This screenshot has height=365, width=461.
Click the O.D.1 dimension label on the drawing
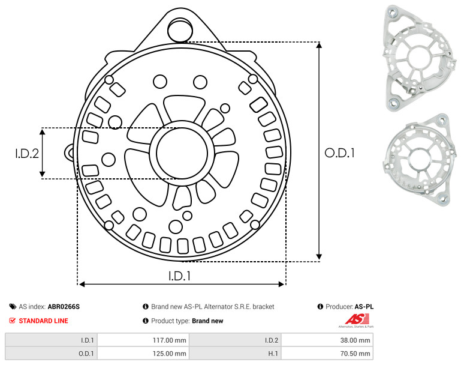(x=339, y=153)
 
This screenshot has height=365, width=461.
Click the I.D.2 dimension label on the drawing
(x=27, y=154)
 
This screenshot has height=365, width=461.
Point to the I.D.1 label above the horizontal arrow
(x=180, y=276)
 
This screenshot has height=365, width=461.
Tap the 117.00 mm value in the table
(x=169, y=340)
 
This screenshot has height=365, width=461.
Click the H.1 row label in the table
(x=273, y=354)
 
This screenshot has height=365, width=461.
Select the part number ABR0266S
(x=64, y=307)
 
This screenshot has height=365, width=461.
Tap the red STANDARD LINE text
(x=44, y=321)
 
